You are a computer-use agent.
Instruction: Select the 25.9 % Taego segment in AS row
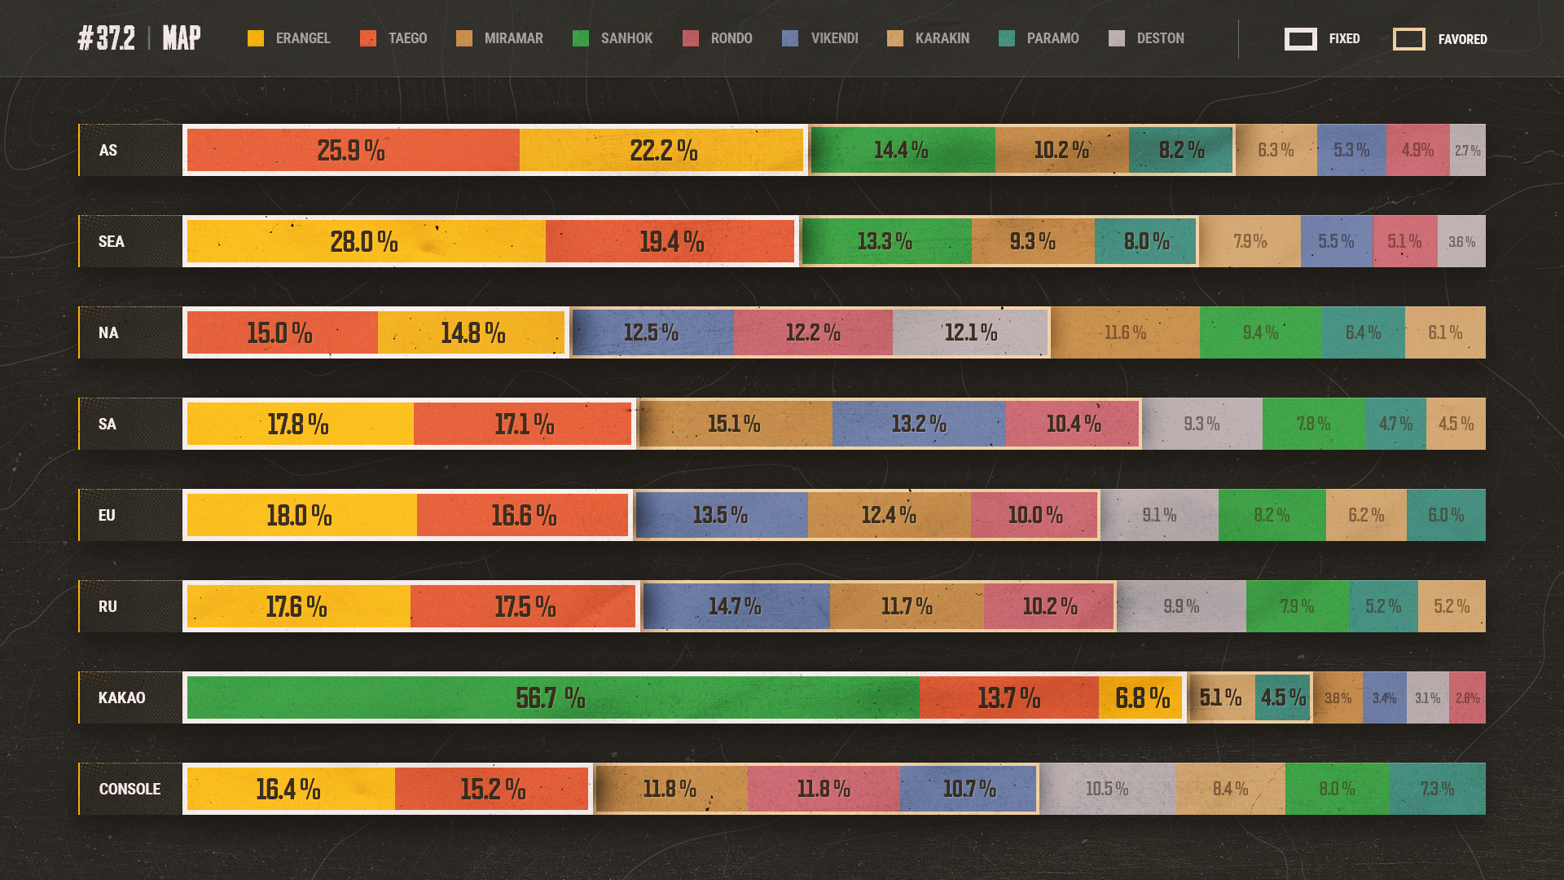(x=353, y=150)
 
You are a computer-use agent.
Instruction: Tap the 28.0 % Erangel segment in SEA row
(x=366, y=241)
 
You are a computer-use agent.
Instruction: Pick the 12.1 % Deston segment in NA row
(x=970, y=332)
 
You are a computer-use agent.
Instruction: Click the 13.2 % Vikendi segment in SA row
(x=919, y=424)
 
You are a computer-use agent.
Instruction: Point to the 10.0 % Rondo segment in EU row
(x=1035, y=515)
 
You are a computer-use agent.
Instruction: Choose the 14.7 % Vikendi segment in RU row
(x=736, y=606)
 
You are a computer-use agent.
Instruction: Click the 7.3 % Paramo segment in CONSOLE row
(x=1437, y=789)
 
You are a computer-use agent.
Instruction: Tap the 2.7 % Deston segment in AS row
(x=1467, y=150)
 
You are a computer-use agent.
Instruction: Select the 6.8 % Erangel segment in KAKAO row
(x=1141, y=697)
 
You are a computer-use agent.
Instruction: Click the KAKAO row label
(x=122, y=697)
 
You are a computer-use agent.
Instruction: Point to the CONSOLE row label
(x=130, y=789)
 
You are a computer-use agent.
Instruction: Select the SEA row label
(x=112, y=241)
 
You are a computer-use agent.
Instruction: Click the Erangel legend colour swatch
(x=256, y=38)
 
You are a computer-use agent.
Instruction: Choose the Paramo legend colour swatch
(x=1007, y=38)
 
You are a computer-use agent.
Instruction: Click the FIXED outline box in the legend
(x=1300, y=38)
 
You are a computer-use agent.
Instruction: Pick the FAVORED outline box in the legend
(x=1408, y=38)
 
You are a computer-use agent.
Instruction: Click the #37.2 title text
(x=107, y=38)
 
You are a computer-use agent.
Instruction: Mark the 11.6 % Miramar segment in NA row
(x=1125, y=332)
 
